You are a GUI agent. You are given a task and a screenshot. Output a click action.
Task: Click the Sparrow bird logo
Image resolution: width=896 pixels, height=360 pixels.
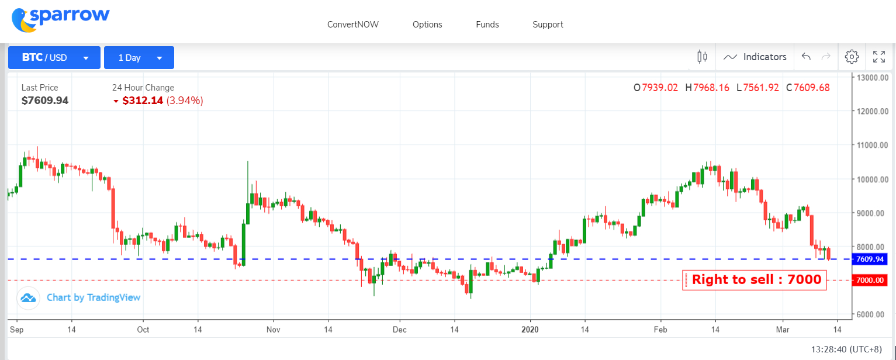(23, 20)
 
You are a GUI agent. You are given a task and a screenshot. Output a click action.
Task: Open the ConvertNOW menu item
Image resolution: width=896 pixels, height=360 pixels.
(353, 25)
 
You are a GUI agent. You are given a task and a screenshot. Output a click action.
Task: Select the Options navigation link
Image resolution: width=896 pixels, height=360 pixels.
(427, 25)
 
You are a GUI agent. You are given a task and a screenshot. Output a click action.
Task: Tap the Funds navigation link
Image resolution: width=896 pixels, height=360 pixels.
(487, 25)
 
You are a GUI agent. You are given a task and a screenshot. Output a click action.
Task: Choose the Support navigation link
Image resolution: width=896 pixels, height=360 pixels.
(548, 25)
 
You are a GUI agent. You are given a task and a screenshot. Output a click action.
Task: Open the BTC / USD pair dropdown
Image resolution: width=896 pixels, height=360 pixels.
(54, 58)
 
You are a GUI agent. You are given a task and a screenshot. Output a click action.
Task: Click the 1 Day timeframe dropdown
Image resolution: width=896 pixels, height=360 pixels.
(139, 58)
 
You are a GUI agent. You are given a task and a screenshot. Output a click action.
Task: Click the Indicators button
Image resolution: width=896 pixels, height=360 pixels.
(755, 57)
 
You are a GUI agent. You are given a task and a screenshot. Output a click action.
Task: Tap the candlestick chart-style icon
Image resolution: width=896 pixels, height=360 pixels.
(702, 57)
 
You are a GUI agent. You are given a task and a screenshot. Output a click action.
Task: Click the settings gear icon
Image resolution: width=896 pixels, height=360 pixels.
(852, 57)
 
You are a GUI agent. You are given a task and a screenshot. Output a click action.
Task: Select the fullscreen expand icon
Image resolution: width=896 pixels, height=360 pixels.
(878, 57)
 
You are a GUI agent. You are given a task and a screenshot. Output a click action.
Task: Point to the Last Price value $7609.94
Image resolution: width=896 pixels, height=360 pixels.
(45, 101)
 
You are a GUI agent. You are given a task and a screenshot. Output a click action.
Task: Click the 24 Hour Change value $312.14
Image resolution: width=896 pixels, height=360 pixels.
(143, 101)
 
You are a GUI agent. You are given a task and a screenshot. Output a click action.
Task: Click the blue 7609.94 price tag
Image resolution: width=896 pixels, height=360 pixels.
(870, 259)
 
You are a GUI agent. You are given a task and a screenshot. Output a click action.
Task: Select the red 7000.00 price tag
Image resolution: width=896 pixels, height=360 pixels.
(870, 281)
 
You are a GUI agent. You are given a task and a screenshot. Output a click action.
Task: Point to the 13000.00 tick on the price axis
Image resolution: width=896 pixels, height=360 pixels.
(872, 78)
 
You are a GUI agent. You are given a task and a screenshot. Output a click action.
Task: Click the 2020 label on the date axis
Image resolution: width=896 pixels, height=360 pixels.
(530, 330)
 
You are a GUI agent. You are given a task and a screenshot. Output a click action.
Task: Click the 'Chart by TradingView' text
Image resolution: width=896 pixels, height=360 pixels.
(94, 297)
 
